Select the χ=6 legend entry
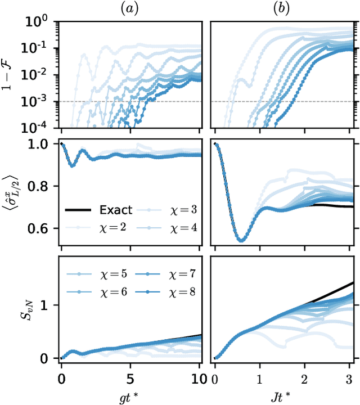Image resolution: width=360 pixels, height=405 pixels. [x=100, y=294]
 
